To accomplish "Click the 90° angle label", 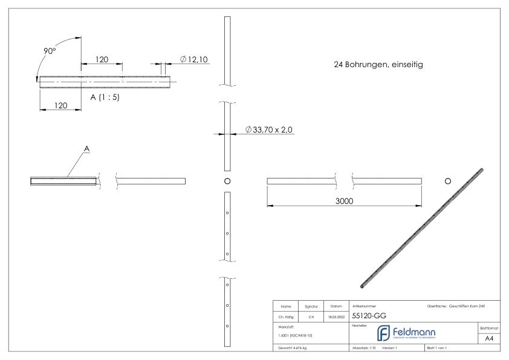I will (x=50, y=52).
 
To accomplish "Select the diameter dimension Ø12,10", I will (x=195, y=59).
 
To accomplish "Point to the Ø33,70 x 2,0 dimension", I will (x=270, y=129).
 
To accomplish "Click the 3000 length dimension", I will (x=345, y=201).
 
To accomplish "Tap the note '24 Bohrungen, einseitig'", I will (x=378, y=64).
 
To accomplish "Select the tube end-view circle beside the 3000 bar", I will (x=447, y=181).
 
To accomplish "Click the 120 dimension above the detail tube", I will (x=102, y=60).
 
